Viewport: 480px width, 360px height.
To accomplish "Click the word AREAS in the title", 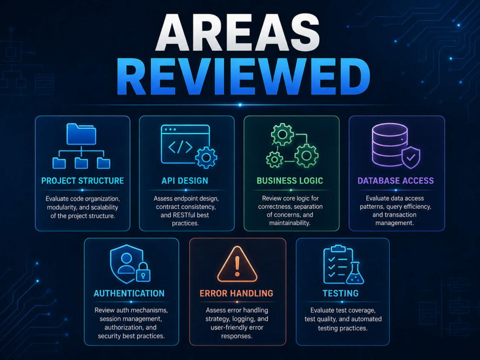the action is pyautogui.click(x=238, y=33).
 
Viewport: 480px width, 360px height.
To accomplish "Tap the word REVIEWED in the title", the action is pyautogui.click(x=243, y=76).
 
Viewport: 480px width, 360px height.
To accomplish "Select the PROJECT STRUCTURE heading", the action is pyautogui.click(x=83, y=181).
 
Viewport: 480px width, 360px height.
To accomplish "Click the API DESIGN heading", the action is pyautogui.click(x=185, y=181).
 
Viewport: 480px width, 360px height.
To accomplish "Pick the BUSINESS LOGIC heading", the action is pyautogui.click(x=290, y=181).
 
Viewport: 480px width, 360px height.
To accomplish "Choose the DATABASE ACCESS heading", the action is pyautogui.click(x=396, y=181).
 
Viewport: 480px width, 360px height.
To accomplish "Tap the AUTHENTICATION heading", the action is pyautogui.click(x=129, y=294).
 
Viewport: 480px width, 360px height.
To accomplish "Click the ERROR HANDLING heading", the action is pyautogui.click(x=236, y=294).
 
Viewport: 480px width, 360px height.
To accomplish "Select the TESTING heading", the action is pyautogui.click(x=341, y=294).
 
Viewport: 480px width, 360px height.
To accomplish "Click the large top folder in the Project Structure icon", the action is pyautogui.click(x=82, y=134).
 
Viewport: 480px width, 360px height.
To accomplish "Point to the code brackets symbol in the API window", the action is pyautogui.click(x=180, y=147).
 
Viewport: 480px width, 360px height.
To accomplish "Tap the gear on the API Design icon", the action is pyautogui.click(x=206, y=157).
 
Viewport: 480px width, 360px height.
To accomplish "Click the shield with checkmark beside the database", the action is pyautogui.click(x=411, y=157).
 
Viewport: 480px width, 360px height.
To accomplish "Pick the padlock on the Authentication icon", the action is pyautogui.click(x=143, y=272).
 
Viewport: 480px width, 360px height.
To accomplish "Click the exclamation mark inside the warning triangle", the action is pyautogui.click(x=237, y=266).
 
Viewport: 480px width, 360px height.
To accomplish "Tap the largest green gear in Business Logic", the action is pyautogui.click(x=306, y=156).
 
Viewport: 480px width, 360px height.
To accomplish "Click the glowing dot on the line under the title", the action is pyautogui.click(x=240, y=105).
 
